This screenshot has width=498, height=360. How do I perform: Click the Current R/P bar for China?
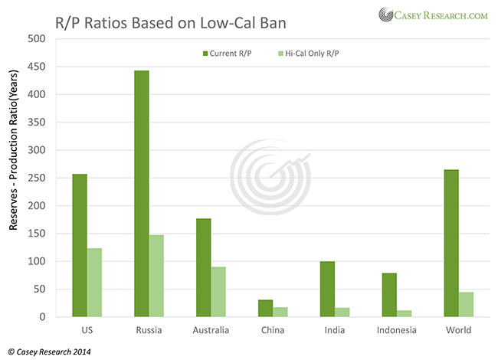[265, 308]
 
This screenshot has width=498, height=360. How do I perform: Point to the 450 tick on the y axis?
[36, 67]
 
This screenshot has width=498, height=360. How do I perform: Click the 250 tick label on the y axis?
[36, 178]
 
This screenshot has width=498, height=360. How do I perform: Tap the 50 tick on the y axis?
[38, 289]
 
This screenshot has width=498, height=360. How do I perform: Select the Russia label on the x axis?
[149, 330]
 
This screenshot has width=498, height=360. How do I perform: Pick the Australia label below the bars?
[211, 330]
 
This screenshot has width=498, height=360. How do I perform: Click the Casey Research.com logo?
[432, 14]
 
